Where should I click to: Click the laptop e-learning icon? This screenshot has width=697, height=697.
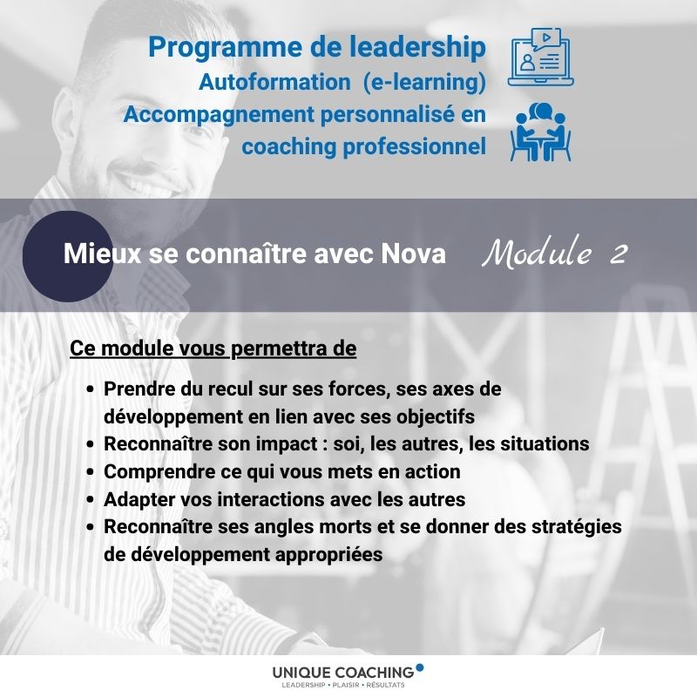click(x=540, y=58)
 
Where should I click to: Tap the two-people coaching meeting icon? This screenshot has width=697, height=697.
click(x=540, y=132)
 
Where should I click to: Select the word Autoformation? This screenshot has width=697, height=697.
click(x=274, y=82)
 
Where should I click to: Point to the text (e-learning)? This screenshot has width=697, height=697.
click(x=424, y=82)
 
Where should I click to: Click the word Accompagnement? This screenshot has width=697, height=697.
click(x=219, y=115)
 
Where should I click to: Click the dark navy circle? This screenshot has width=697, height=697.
click(x=68, y=256)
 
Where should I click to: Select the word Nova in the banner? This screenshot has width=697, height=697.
click(x=413, y=254)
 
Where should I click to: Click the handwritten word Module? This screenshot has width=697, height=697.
click(x=537, y=253)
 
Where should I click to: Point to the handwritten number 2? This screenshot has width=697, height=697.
click(x=619, y=254)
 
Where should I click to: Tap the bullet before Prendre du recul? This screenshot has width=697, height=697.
click(x=91, y=389)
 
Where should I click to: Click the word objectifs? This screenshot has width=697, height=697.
click(x=435, y=417)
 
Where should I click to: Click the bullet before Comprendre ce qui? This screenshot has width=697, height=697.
click(x=91, y=472)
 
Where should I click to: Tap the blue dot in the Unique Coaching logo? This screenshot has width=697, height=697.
click(x=420, y=667)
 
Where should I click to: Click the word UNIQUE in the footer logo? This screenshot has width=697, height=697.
click(x=301, y=673)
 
